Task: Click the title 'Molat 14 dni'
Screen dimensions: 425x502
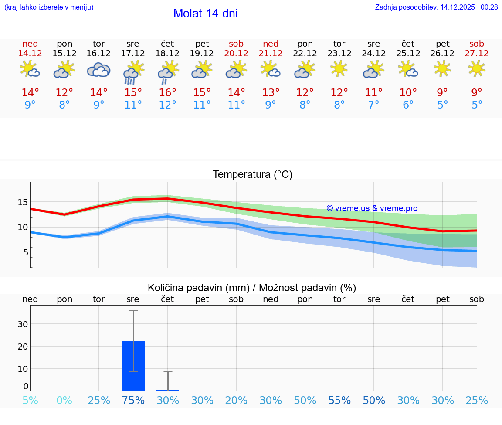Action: coord(205,14)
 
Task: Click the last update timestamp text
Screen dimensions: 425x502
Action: coord(436,7)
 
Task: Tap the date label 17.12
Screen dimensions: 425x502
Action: coord(133,53)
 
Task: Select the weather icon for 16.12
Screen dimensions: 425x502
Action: coord(98,70)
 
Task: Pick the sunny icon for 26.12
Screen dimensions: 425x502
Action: coord(442,68)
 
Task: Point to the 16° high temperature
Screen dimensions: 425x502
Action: coord(167,93)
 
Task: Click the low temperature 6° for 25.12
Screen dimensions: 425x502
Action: coord(408,105)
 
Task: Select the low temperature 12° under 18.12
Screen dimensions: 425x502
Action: coord(167,105)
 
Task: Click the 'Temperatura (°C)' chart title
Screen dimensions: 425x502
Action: coord(252,175)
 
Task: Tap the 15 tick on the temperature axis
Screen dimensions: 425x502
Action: coord(23,202)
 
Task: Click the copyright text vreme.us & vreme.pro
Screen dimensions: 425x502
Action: coord(372,208)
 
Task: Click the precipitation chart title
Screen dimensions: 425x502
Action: coord(252,288)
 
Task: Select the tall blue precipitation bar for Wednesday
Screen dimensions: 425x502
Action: coord(133,366)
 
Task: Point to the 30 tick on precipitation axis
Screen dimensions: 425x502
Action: coord(23,324)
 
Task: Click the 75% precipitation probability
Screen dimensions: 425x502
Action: coord(133,401)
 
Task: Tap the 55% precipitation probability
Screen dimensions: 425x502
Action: coord(339,401)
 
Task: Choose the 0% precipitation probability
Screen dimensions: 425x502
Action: coord(64,401)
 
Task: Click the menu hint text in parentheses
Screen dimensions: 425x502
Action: coord(49,7)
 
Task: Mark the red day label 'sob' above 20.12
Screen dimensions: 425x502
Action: coord(236,44)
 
